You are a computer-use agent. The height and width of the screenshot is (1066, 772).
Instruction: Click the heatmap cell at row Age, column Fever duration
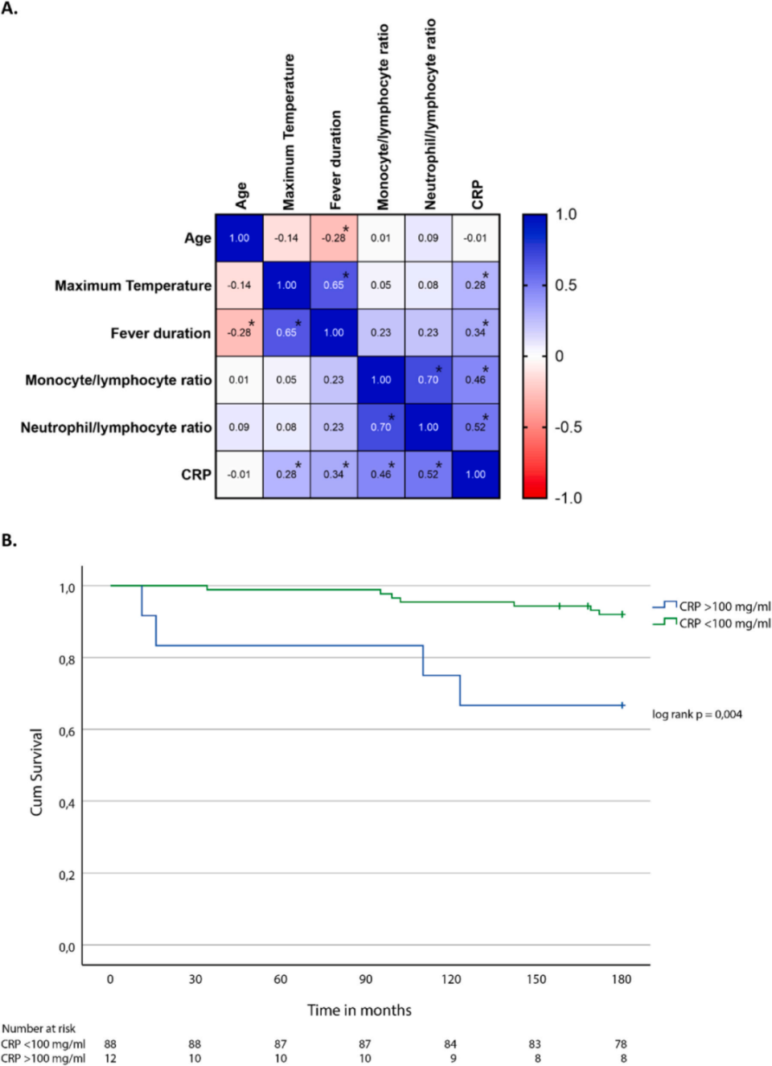click(x=334, y=238)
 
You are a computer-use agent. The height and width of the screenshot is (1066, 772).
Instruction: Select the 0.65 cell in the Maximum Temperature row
click(x=334, y=285)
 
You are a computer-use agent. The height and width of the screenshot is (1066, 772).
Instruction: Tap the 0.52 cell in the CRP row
click(x=428, y=474)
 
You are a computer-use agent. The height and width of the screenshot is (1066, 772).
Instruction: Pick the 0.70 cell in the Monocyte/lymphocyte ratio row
click(x=428, y=380)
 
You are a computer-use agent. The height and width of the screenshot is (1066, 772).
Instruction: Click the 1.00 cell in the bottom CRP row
click(x=475, y=474)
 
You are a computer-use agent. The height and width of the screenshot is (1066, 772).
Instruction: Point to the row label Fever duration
click(x=161, y=333)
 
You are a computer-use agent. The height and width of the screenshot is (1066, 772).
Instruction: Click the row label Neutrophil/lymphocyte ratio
click(x=116, y=427)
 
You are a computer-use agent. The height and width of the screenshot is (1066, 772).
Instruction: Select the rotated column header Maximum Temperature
click(x=289, y=132)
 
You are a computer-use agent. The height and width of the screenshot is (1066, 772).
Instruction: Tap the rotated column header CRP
click(x=478, y=195)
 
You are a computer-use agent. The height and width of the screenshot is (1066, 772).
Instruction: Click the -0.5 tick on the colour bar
click(x=568, y=427)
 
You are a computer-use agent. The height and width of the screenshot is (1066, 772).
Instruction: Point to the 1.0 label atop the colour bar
click(x=566, y=215)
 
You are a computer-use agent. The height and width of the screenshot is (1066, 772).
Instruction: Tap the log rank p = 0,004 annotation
click(x=696, y=714)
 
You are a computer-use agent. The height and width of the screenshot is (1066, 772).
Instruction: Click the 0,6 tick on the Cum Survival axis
click(x=67, y=731)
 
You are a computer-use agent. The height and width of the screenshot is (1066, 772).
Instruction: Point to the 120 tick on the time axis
click(x=451, y=979)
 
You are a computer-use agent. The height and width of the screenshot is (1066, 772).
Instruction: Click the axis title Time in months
click(x=359, y=1010)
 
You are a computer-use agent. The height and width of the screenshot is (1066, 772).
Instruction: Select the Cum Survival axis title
click(x=37, y=772)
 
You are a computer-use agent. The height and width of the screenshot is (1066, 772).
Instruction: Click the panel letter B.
click(x=10, y=541)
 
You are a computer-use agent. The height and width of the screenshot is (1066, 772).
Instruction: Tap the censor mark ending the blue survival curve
click(x=622, y=706)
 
